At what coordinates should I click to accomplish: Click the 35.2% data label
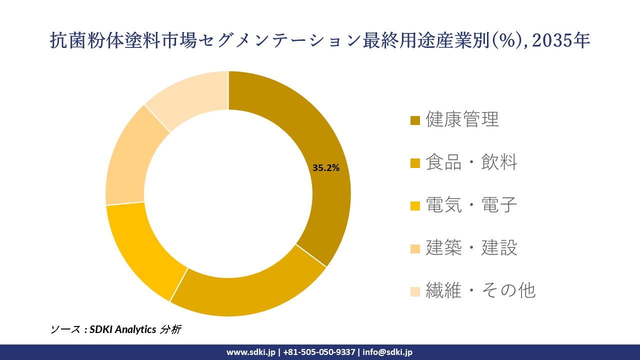click(325, 168)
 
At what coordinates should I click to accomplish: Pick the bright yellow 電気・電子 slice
click(140, 250)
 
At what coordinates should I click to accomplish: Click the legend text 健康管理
click(462, 119)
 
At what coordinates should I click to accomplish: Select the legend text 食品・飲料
click(471, 162)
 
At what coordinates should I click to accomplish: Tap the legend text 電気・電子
click(471, 204)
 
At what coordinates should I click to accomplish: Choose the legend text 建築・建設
click(471, 247)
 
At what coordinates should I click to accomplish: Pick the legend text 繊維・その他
click(480, 290)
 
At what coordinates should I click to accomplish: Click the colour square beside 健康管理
click(415, 120)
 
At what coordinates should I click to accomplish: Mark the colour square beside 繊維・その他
click(415, 291)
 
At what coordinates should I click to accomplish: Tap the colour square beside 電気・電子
click(415, 205)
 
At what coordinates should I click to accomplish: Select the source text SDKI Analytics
click(123, 329)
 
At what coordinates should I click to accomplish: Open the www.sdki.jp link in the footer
click(250, 352)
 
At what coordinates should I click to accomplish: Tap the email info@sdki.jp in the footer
click(387, 352)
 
